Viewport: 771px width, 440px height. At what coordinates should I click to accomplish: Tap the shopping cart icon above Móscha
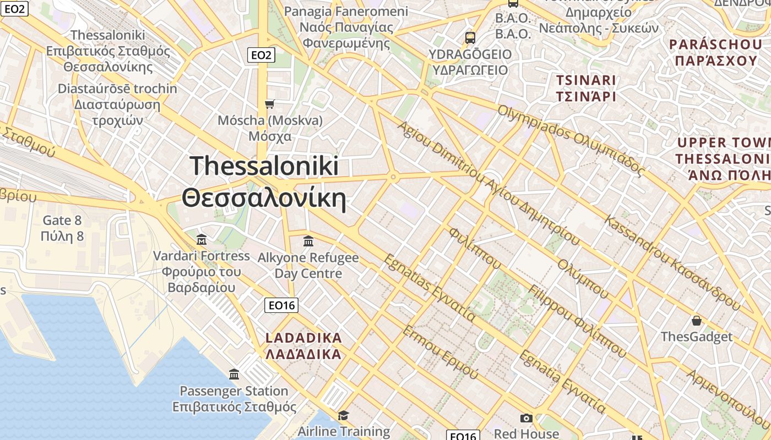click(x=270, y=104)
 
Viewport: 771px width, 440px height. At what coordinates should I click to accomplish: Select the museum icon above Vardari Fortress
click(x=202, y=240)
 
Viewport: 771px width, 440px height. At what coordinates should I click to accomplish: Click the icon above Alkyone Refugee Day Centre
click(x=308, y=241)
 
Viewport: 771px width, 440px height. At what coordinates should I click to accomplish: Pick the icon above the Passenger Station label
click(x=234, y=375)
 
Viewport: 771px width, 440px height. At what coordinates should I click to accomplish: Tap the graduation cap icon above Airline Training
click(x=344, y=415)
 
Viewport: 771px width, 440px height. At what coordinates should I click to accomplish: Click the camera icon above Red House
click(x=526, y=418)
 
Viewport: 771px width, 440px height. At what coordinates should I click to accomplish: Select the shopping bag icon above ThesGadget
click(x=697, y=321)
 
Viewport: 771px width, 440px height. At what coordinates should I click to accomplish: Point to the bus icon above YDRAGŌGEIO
click(x=470, y=38)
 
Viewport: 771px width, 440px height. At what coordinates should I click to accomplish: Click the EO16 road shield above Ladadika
click(x=281, y=305)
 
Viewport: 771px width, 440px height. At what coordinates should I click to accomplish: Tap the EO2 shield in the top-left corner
click(x=14, y=8)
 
